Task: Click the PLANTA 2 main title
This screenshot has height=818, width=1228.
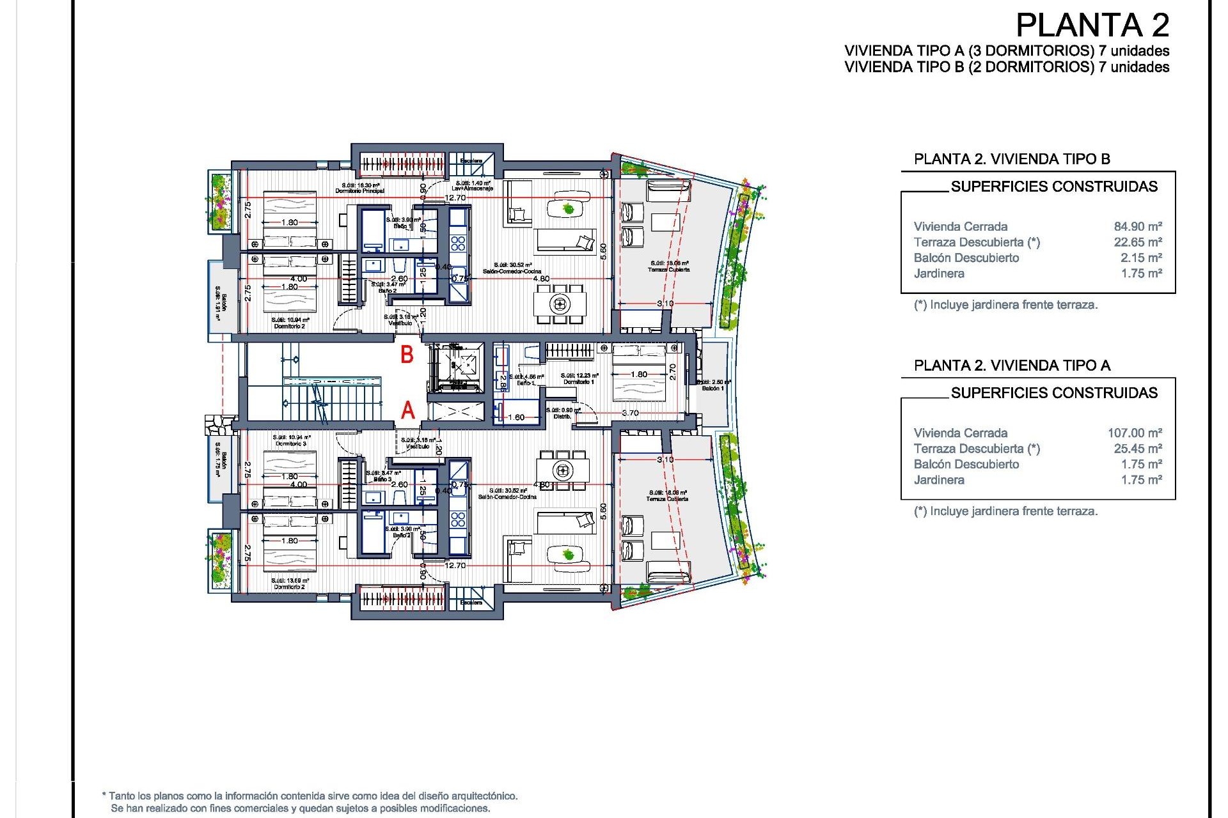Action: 1092,26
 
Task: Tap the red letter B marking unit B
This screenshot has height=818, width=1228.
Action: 407,355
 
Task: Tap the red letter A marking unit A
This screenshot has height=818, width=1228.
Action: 407,410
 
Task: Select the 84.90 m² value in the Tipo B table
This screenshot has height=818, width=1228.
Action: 1137,226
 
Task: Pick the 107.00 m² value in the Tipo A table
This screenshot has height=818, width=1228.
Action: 1134,433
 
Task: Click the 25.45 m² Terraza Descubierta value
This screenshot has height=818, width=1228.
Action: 1137,449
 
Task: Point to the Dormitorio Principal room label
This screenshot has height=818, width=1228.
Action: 360,190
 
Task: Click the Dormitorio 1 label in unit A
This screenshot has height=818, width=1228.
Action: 579,382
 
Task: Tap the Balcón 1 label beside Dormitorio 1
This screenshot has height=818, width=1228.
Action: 712,388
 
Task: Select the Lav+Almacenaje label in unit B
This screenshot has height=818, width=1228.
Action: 472,188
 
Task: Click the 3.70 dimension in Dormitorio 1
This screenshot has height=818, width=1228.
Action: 630,413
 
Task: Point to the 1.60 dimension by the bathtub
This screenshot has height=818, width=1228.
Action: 516,417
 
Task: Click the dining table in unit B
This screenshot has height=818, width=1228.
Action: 560,304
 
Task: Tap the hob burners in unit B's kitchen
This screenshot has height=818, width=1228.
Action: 458,243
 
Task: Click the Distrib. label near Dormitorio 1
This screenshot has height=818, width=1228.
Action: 562,416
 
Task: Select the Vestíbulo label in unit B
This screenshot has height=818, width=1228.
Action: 400,323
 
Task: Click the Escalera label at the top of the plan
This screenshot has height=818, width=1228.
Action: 471,160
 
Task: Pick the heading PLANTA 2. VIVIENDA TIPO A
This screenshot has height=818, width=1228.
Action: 1012,366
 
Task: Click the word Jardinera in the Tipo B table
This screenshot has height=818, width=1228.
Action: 939,274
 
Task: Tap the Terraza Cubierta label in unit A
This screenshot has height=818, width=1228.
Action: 668,498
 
